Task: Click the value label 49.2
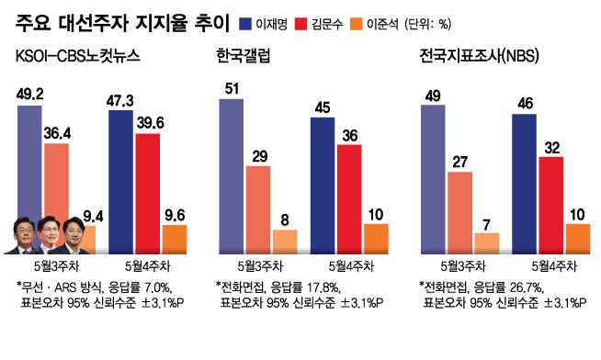click(29, 93)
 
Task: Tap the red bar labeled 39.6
click(148, 193)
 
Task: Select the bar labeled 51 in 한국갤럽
click(231, 174)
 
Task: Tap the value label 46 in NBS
click(524, 101)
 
